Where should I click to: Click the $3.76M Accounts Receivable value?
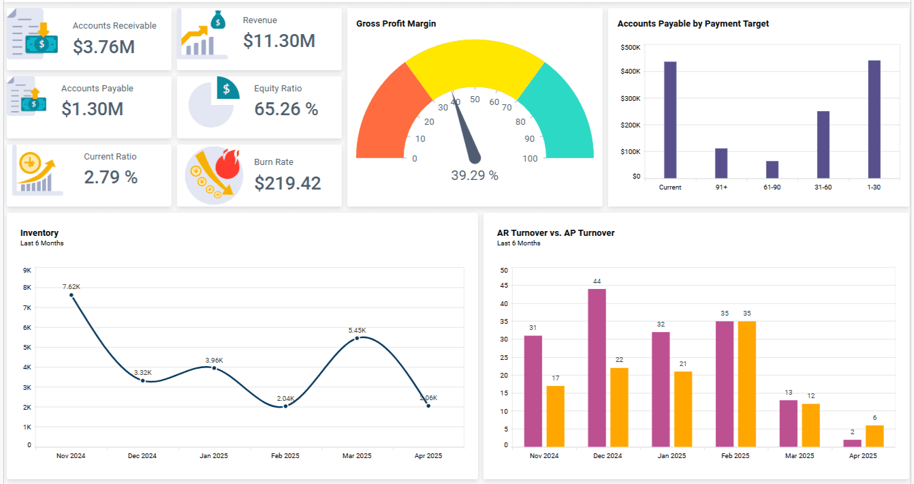(104, 46)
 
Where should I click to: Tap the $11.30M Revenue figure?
(279, 41)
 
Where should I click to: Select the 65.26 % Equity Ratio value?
(286, 109)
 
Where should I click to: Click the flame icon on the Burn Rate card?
(227, 164)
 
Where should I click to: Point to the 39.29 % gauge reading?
(475, 176)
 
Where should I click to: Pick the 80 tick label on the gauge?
(520, 122)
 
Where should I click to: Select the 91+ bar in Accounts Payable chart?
(721, 164)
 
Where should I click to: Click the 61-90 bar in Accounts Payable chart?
(772, 170)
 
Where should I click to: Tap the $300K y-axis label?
(631, 98)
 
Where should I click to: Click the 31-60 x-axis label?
(823, 187)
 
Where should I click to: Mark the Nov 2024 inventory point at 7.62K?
(72, 295)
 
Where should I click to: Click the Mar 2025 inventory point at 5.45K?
(357, 338)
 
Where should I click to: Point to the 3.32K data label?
(143, 372)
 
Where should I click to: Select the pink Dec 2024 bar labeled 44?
(597, 367)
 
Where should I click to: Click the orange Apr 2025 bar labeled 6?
(874, 436)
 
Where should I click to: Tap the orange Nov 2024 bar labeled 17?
(555, 417)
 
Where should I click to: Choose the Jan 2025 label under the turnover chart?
(672, 455)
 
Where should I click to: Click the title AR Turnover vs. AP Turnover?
(555, 233)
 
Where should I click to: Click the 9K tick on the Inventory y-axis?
(27, 271)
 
